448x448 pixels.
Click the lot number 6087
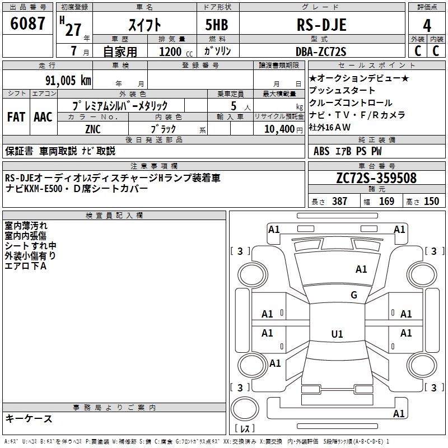tap(28, 24)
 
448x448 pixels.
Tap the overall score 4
tap(427, 25)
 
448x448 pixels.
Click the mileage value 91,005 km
tap(66, 81)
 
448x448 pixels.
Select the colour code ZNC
tap(93, 129)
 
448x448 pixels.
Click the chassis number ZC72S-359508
tap(376, 178)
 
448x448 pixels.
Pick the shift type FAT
tap(16, 117)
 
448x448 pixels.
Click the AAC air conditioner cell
tap(43, 117)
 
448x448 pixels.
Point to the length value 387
tap(339, 201)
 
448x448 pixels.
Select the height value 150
tap(431, 201)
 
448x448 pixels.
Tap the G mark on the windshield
tap(353, 295)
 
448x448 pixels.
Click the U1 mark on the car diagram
tap(337, 334)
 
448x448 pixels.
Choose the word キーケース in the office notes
tap(29, 419)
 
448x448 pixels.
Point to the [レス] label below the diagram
tap(245, 429)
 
